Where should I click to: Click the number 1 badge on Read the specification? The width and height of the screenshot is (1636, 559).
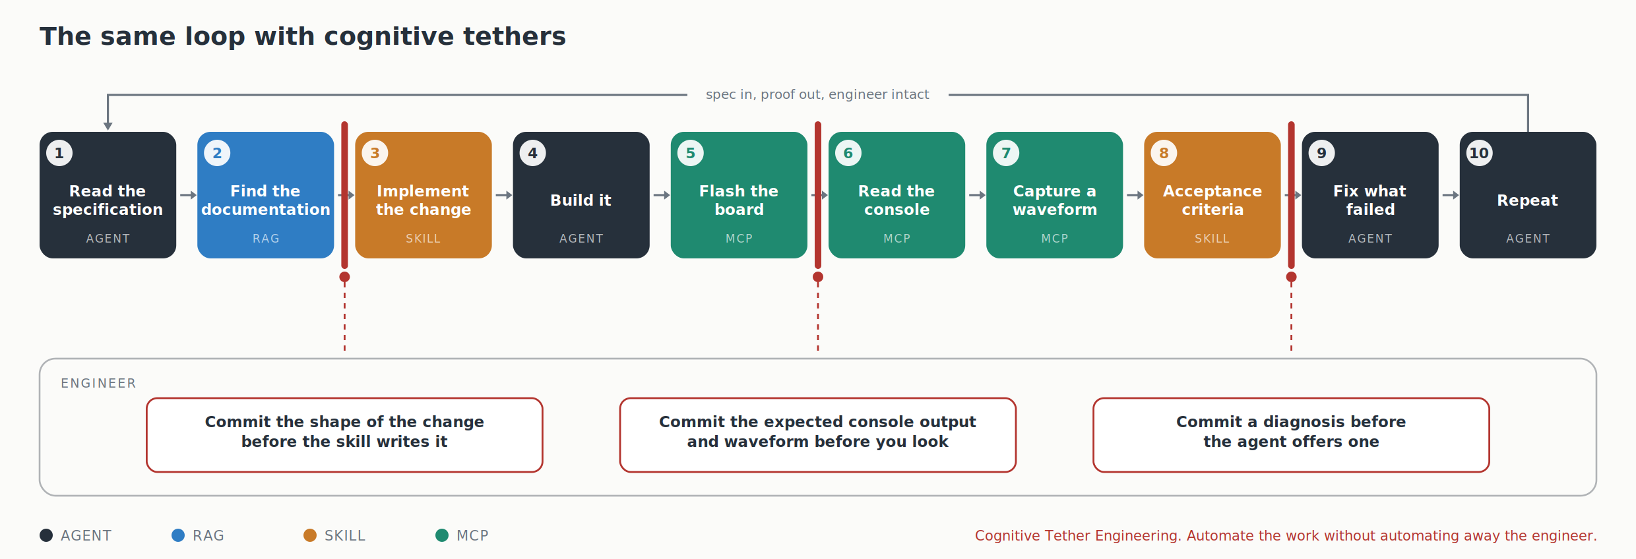coord(59,153)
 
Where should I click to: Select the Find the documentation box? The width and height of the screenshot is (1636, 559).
coord(266,195)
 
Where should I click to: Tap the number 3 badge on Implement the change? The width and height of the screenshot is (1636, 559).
coord(375,153)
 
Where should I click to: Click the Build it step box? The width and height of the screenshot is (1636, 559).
coord(581,195)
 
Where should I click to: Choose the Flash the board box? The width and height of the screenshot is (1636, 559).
coord(739,195)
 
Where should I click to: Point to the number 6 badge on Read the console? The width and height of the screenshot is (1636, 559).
coord(848,153)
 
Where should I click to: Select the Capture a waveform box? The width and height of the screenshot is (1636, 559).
coord(1055,195)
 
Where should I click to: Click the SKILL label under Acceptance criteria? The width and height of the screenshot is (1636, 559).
coord(1212,239)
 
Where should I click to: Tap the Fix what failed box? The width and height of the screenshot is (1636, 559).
coord(1370,195)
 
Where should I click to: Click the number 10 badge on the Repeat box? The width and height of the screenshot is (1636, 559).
coord(1479,153)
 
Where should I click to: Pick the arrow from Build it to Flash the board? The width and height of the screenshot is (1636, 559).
coord(662,195)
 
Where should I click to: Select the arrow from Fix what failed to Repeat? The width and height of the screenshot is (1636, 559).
coord(1451,195)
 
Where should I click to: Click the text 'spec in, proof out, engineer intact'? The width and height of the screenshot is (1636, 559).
coord(817,94)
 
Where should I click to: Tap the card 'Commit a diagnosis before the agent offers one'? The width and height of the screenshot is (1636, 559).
coord(1291,435)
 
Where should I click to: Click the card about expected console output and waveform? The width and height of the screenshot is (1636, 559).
coord(818,435)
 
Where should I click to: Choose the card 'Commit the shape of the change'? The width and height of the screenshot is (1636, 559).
coord(344,435)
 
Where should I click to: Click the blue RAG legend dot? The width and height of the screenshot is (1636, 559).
coord(178,535)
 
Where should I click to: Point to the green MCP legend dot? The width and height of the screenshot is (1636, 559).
coord(442,535)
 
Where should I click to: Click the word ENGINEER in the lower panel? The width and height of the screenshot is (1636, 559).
coord(98,384)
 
